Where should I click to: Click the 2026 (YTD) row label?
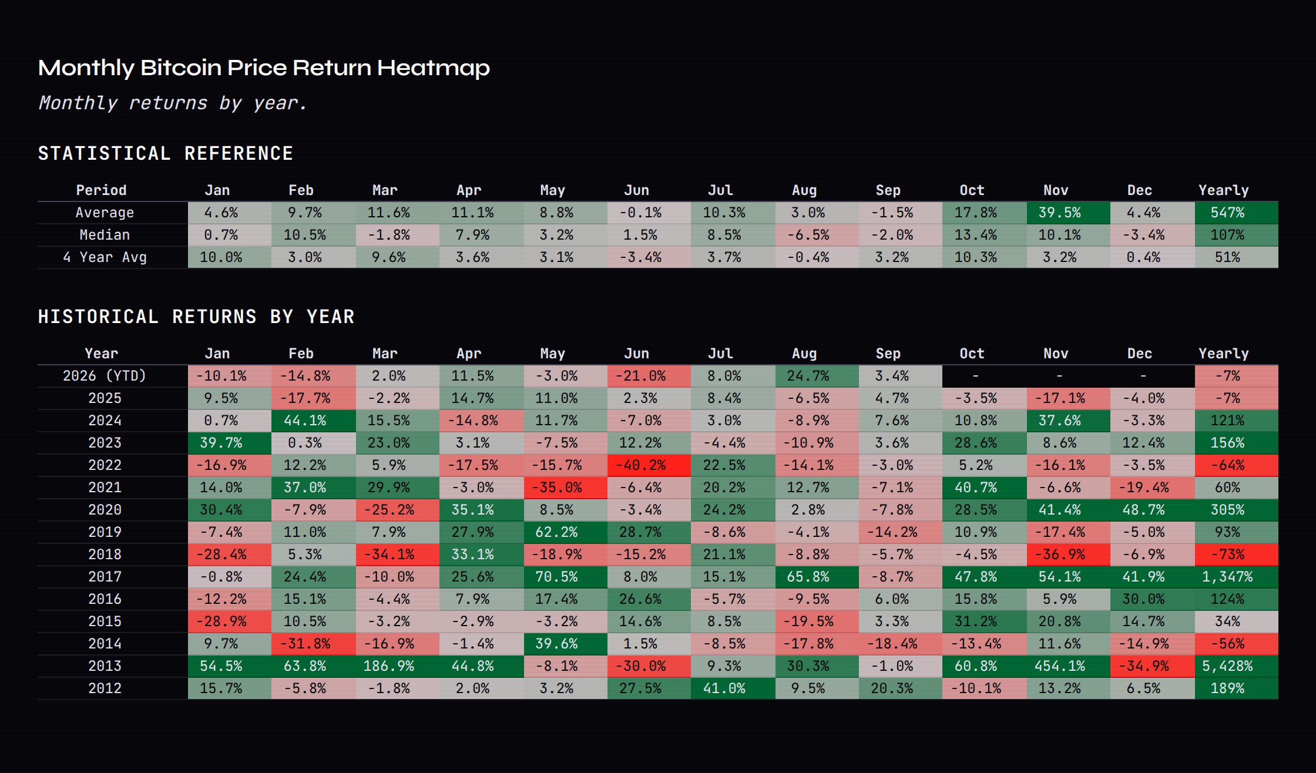point(105,376)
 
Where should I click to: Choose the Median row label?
point(105,235)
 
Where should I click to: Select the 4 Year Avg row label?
point(105,257)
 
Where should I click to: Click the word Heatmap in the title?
point(434,68)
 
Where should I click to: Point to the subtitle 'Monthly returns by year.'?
point(173,103)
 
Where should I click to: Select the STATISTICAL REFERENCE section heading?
point(166,154)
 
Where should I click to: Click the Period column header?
point(101,190)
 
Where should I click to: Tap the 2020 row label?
point(105,510)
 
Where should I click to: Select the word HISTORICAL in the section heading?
point(98,317)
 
